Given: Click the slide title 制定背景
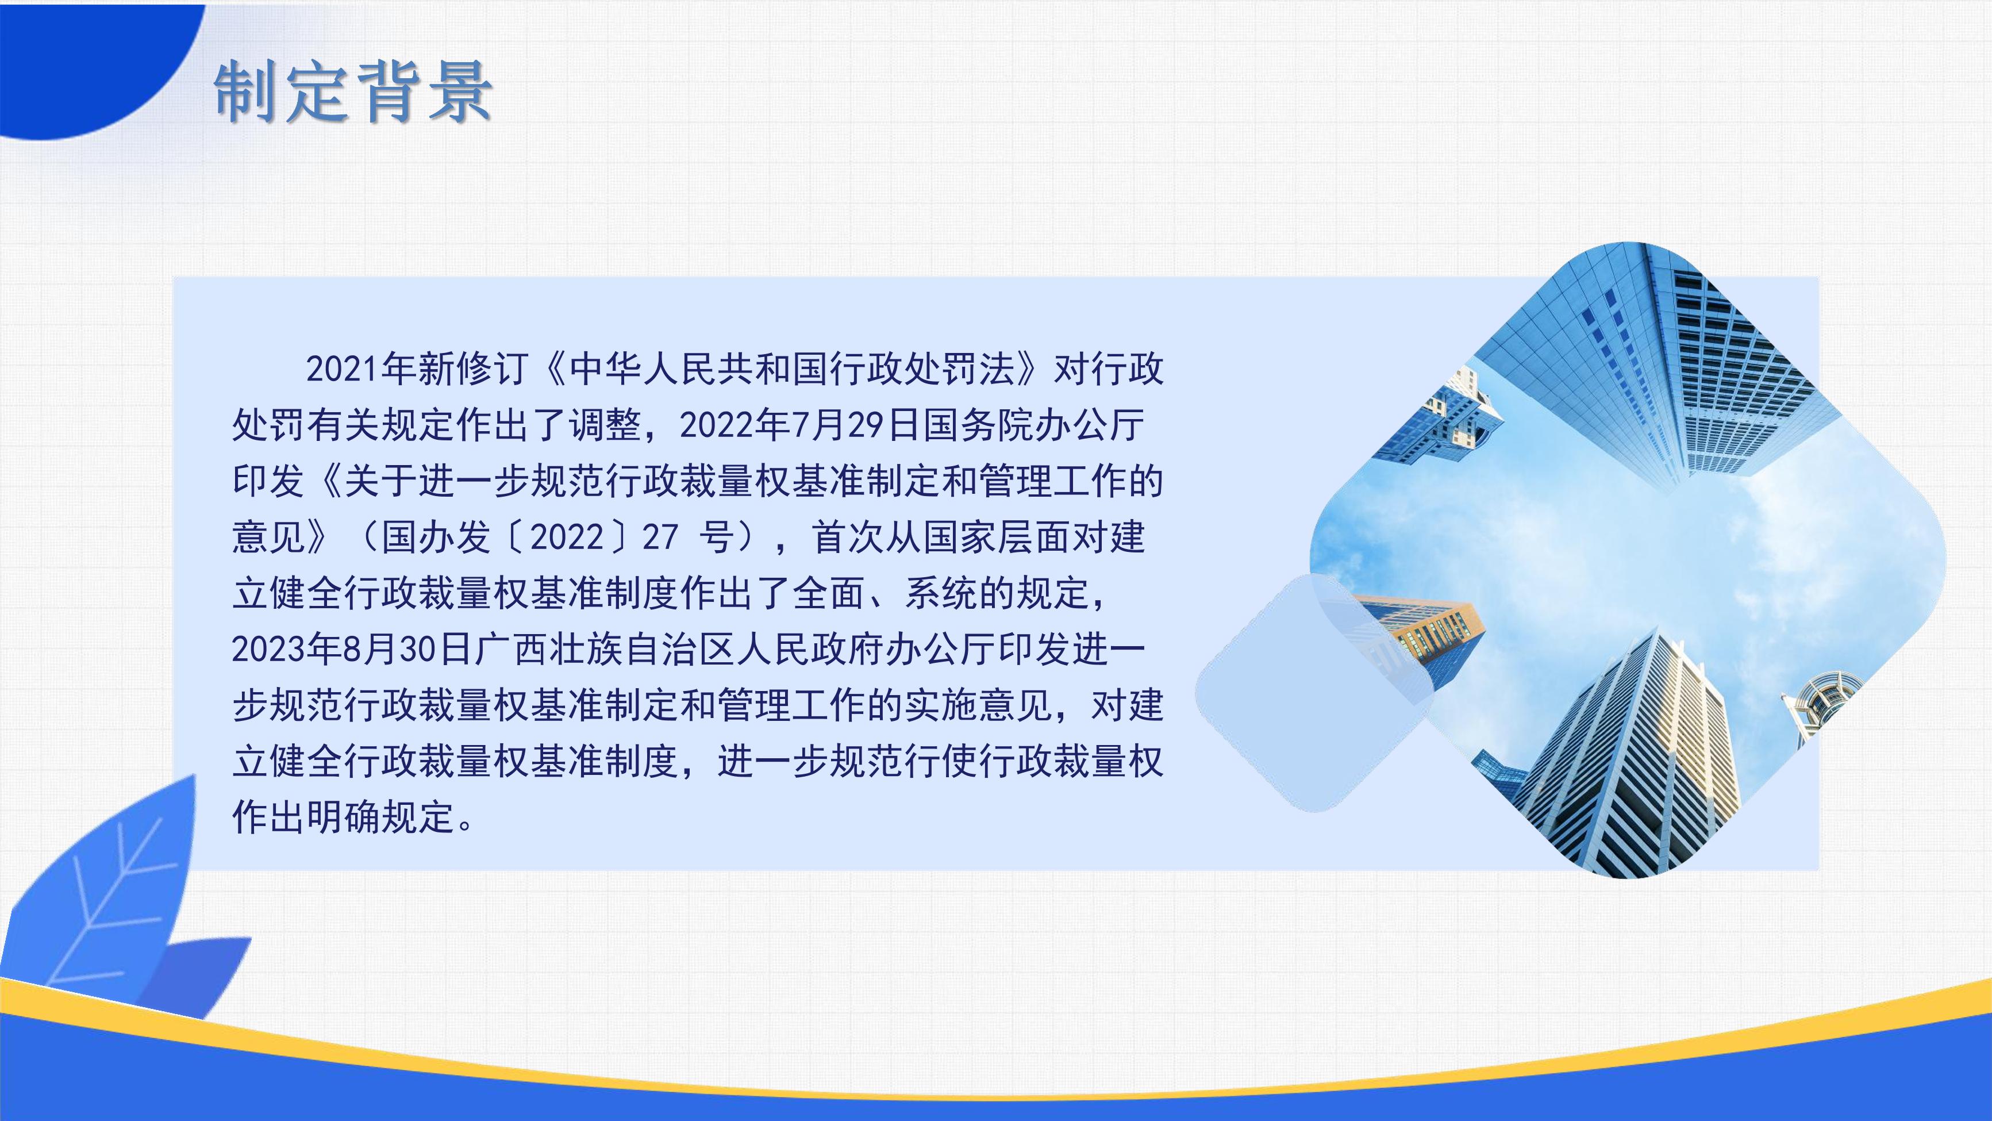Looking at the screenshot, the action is pos(353,92).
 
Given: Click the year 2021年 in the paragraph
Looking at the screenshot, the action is pos(361,369).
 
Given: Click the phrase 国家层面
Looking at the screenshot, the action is pos(997,537).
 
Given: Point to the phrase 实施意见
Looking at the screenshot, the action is pos(978,705).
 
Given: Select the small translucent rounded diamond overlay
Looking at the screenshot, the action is pos(1314,693).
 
